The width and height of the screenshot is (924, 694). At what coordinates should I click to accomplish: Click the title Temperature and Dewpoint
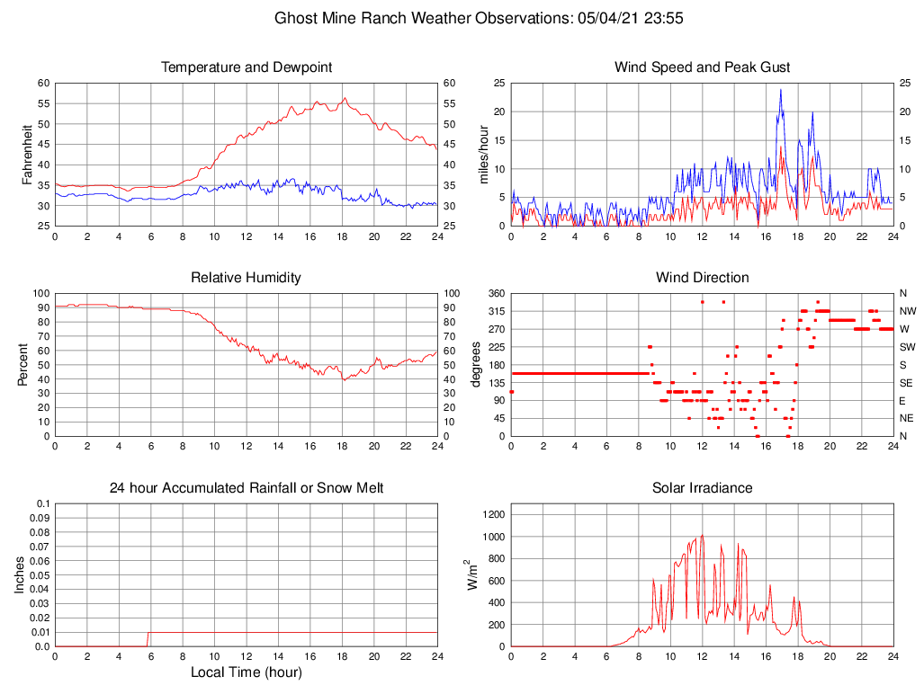pos(247,67)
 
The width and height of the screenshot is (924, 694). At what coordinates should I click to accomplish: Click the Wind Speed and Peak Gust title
pos(702,67)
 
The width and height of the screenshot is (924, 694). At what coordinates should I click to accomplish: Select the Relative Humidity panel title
pos(247,278)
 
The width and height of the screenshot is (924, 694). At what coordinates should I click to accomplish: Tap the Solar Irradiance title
pos(702,488)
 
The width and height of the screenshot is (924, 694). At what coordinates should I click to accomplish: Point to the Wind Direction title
pos(702,278)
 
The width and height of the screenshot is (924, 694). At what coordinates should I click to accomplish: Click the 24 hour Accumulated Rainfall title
pos(247,488)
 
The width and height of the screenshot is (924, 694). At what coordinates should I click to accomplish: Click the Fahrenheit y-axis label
pos(27,155)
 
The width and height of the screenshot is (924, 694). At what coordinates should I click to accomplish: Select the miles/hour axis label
pos(482,155)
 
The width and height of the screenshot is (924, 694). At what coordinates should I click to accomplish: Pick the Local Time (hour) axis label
pos(247,672)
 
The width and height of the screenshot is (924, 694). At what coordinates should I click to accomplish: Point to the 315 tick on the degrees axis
pos(496,311)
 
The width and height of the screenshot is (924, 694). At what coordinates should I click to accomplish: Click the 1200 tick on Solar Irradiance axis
pos(492,515)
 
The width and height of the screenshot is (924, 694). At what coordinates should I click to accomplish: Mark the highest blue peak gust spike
pos(780,90)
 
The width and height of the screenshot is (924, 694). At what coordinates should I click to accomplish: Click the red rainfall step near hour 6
pos(148,638)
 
